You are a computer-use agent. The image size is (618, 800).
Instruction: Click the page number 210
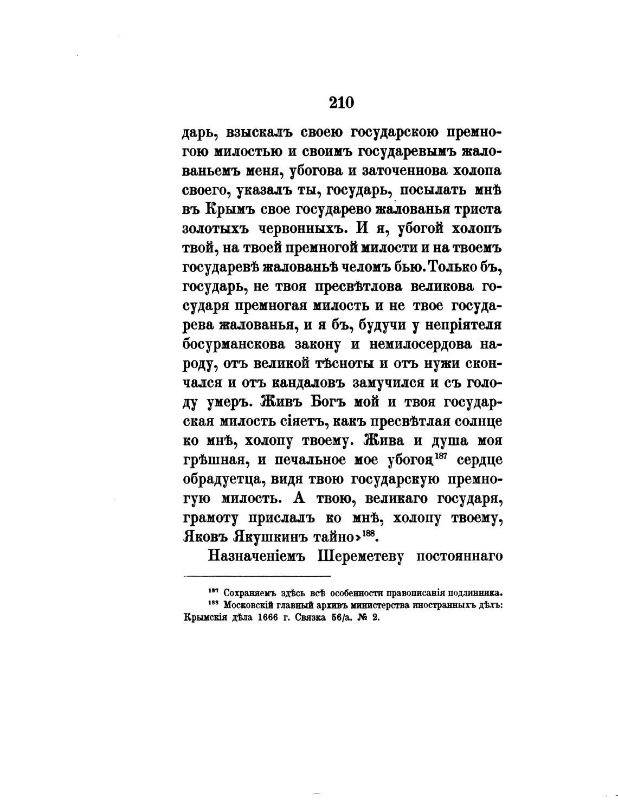point(342,102)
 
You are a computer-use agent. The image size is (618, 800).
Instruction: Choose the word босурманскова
point(234,345)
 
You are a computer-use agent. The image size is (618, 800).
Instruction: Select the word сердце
point(479,460)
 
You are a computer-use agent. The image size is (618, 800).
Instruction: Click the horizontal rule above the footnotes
point(257,576)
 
